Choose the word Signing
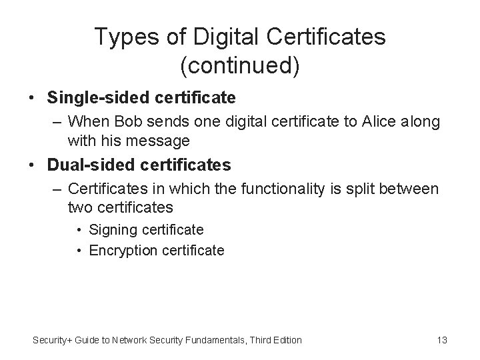(113, 230)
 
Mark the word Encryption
(122, 251)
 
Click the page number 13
(441, 340)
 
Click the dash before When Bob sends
(55, 123)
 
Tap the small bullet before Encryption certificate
(79, 251)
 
